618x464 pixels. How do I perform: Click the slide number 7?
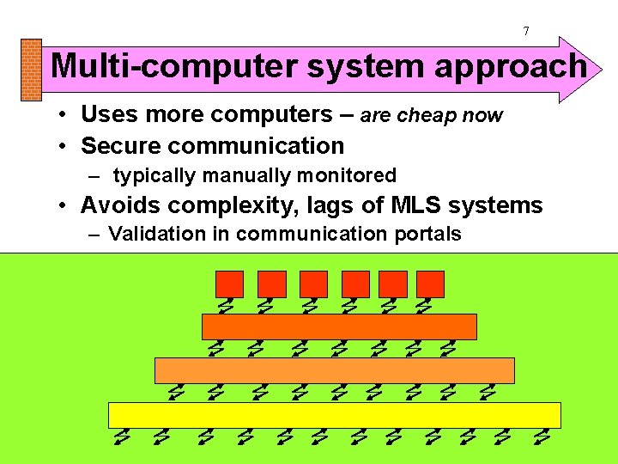click(526, 32)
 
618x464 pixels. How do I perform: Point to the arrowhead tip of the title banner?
click(600, 69)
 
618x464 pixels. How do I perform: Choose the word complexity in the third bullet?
click(212, 205)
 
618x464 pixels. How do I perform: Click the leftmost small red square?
click(229, 284)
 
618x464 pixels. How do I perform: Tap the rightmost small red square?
click(430, 284)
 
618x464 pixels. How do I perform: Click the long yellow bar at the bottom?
click(334, 415)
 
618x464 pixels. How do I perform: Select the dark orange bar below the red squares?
click(339, 327)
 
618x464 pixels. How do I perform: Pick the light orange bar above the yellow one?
click(334, 370)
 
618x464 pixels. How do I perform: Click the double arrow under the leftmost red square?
click(224, 304)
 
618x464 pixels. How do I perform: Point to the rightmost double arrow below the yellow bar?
click(541, 437)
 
